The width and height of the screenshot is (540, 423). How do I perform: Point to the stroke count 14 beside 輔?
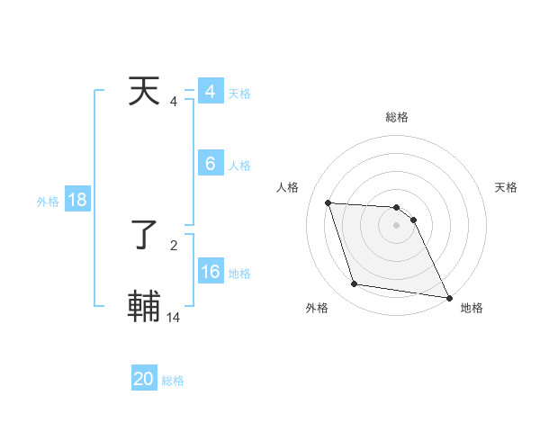174,317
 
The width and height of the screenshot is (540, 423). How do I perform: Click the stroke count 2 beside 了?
174,245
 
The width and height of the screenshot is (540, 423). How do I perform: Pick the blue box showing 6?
211,163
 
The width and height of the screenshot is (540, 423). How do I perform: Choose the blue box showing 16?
211,272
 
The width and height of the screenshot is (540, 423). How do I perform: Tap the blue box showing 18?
77,200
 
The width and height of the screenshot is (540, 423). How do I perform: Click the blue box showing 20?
144,379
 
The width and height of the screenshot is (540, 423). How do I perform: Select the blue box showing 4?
211,92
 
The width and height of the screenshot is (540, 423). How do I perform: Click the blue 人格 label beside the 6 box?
239,166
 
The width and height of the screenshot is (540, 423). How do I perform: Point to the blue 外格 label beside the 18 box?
48,202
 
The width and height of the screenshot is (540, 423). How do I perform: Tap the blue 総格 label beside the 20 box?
173,382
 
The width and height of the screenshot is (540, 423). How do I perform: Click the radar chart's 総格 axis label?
397,117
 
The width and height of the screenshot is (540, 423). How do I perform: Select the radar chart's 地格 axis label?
472,308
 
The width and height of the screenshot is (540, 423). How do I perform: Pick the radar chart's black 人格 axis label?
288,187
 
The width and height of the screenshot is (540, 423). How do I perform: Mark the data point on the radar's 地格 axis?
448,297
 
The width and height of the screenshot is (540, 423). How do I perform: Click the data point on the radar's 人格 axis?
328,202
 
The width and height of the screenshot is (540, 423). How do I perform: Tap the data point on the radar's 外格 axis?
355,284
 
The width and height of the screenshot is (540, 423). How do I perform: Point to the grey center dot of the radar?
397,225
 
